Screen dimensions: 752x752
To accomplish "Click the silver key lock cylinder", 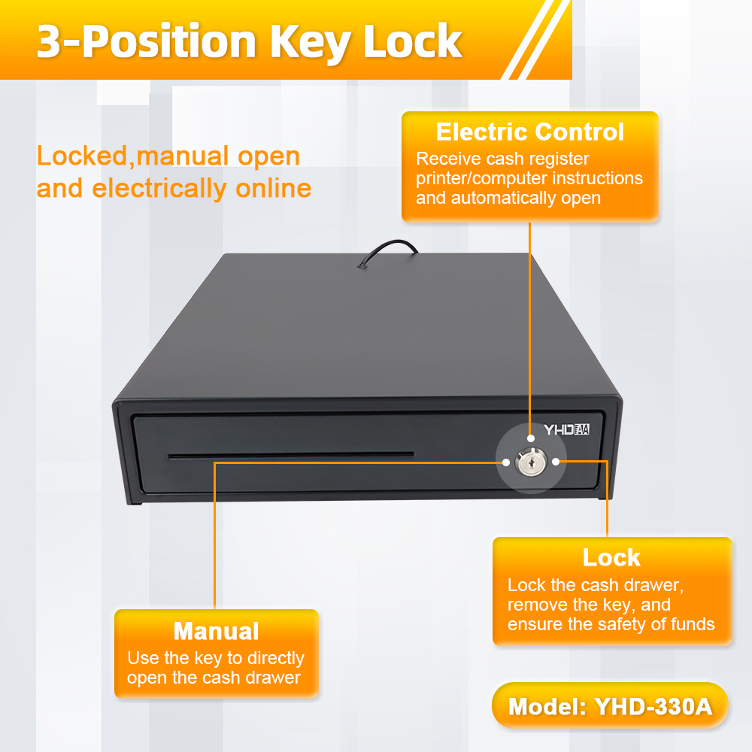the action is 530,462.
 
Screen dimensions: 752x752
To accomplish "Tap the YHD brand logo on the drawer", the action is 566,429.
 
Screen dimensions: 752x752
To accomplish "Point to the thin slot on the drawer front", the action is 290,455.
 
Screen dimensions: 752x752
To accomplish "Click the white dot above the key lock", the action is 530,438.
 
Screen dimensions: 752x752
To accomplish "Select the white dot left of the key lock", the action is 506,462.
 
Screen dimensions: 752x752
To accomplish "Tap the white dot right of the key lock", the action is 556,462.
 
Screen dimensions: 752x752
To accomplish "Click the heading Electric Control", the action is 529,132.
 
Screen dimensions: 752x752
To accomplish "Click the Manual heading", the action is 216,631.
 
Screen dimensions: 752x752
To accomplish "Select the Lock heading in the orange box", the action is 611,557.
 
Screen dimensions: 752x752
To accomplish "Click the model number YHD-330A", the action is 653,706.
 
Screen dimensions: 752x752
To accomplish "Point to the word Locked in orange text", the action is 81,157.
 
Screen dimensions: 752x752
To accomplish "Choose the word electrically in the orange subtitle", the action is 159,188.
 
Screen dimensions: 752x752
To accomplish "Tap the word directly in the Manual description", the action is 276,659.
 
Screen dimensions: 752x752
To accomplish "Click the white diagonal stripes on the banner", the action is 535,39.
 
